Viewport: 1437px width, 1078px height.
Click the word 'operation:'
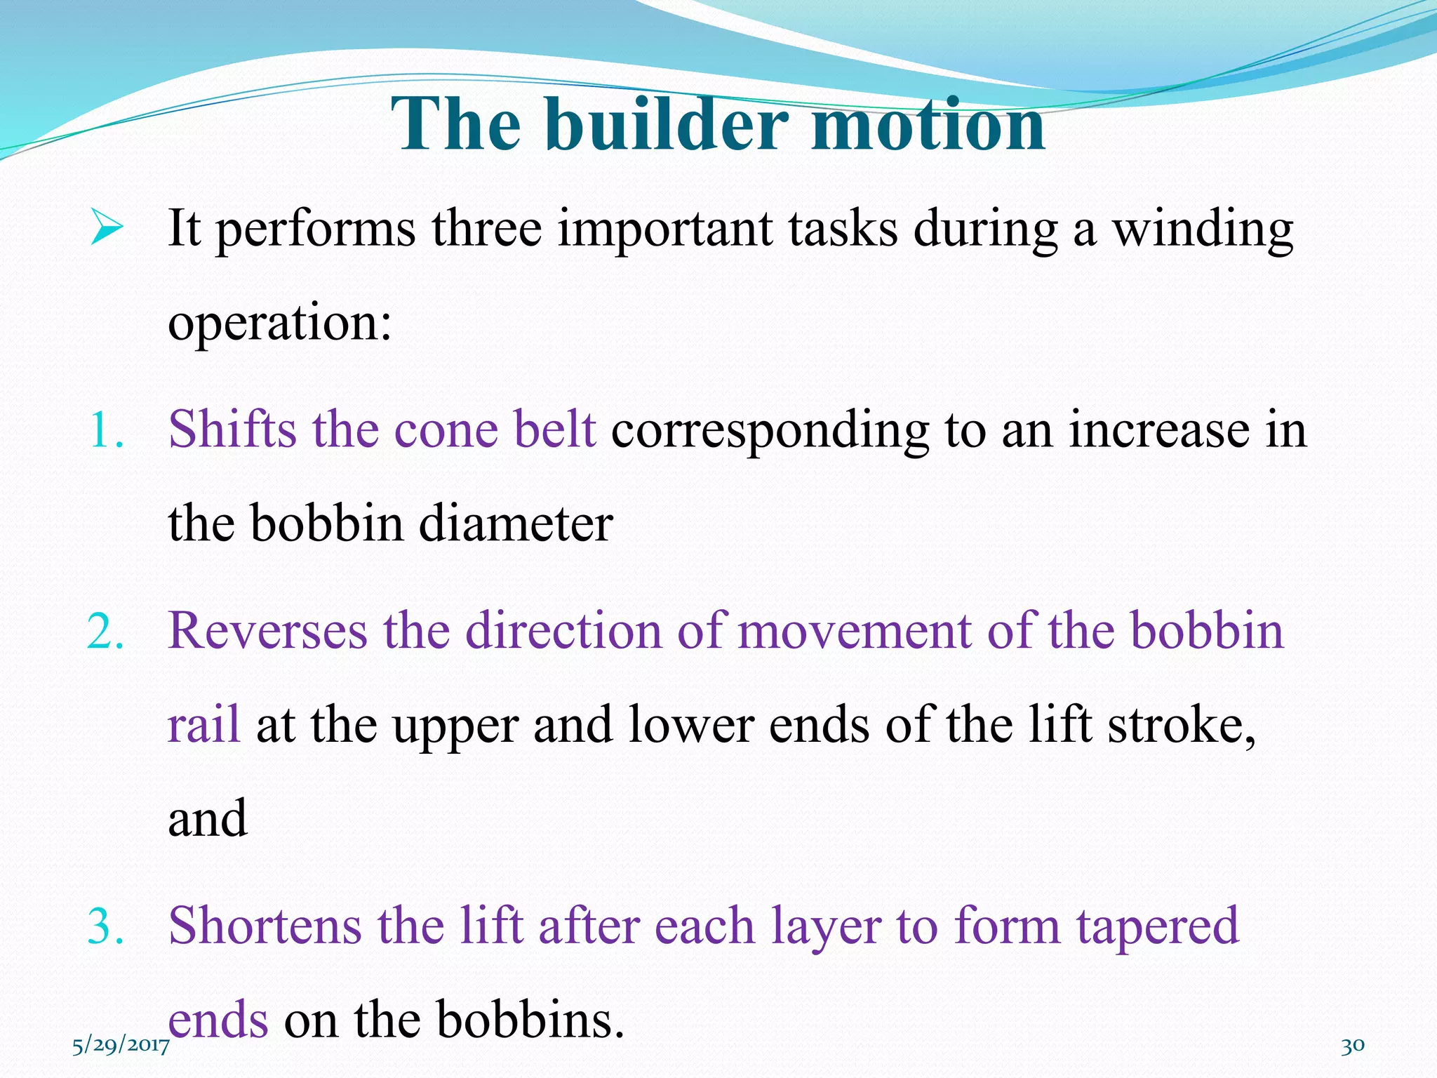click(x=279, y=323)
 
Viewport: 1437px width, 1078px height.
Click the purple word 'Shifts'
click(x=232, y=430)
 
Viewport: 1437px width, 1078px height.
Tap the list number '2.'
click(x=106, y=631)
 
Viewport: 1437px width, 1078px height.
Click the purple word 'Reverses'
click(x=267, y=631)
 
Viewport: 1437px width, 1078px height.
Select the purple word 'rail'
click(x=203, y=724)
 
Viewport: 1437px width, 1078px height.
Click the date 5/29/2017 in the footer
click(x=121, y=1046)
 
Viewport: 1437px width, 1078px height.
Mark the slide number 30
click(x=1353, y=1046)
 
